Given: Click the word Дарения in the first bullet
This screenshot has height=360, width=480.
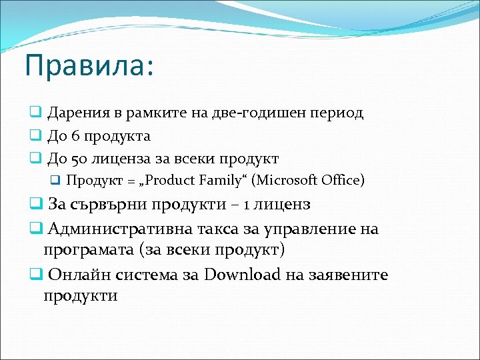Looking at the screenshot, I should click(x=75, y=113).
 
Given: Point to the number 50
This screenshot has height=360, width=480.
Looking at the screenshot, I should click(x=76, y=159).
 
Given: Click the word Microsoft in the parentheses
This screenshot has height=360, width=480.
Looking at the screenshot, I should click(x=288, y=180).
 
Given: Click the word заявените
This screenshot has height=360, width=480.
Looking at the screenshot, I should click(x=350, y=275).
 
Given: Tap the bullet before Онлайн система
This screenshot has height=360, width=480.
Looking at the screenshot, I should click(x=35, y=275).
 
